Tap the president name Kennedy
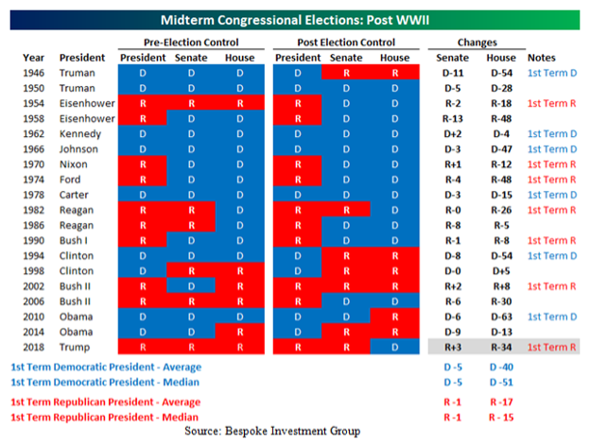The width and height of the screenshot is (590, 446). coord(80,133)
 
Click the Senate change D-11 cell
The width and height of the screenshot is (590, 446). coord(455,72)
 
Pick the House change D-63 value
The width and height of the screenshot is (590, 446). coord(502,317)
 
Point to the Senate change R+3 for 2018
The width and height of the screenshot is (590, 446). coord(455,348)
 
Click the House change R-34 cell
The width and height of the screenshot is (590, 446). coord(502,348)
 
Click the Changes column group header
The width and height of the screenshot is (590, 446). coord(477,43)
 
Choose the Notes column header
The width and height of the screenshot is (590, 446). coord(542,57)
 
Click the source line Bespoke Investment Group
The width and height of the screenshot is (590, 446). coord(294,431)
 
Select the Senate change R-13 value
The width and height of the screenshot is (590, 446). coord(455,118)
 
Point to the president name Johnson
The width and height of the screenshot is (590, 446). coord(80,148)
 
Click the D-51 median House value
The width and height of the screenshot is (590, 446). coord(502,384)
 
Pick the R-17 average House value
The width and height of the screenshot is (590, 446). coord(502,402)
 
